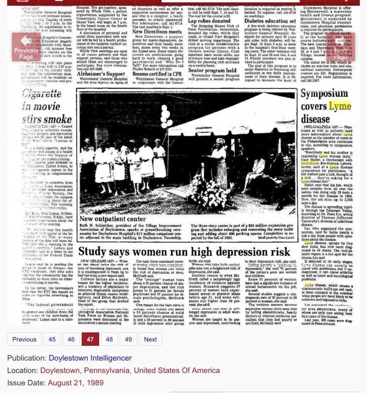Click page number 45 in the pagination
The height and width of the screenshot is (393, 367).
52,339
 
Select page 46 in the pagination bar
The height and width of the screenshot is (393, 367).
71,339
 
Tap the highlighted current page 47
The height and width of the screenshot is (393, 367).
90,339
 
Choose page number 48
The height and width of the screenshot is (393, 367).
109,339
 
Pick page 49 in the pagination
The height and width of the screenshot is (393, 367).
128,339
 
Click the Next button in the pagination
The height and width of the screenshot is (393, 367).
150,339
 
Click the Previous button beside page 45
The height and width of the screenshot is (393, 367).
25,339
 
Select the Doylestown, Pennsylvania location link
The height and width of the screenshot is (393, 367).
130,370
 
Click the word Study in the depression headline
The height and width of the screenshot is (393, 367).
92,251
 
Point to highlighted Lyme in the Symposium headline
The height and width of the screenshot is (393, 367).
340,107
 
